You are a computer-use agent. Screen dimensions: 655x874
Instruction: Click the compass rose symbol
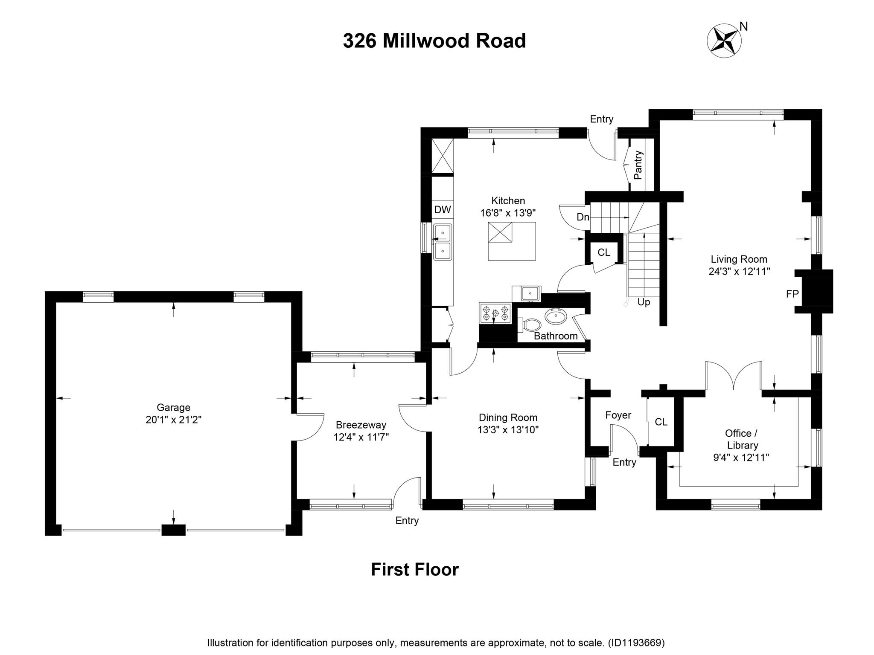tap(724, 41)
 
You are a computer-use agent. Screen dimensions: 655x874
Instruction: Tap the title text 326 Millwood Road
tap(434, 41)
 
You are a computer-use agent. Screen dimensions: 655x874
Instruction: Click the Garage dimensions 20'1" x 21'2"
tap(173, 420)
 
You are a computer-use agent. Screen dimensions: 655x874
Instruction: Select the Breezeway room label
tap(361, 425)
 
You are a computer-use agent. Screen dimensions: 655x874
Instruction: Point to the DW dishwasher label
tap(443, 209)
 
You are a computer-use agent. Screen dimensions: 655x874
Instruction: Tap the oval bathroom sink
tap(556, 317)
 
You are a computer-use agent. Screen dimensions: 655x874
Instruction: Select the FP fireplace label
tap(792, 294)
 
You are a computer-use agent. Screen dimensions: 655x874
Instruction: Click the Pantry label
tap(638, 165)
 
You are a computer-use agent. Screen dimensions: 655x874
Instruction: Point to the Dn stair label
tap(583, 217)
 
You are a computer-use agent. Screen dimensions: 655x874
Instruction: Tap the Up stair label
tap(644, 302)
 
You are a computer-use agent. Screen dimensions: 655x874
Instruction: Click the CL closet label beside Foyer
tap(661, 422)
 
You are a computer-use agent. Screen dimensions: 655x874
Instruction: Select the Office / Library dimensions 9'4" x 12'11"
tap(741, 458)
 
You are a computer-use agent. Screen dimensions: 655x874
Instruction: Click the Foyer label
tap(618, 415)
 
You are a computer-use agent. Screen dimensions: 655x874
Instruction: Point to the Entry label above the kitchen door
tap(601, 119)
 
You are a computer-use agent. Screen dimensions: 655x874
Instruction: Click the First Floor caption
tap(414, 570)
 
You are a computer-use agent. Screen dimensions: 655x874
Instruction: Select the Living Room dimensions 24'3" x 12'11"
tap(739, 271)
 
